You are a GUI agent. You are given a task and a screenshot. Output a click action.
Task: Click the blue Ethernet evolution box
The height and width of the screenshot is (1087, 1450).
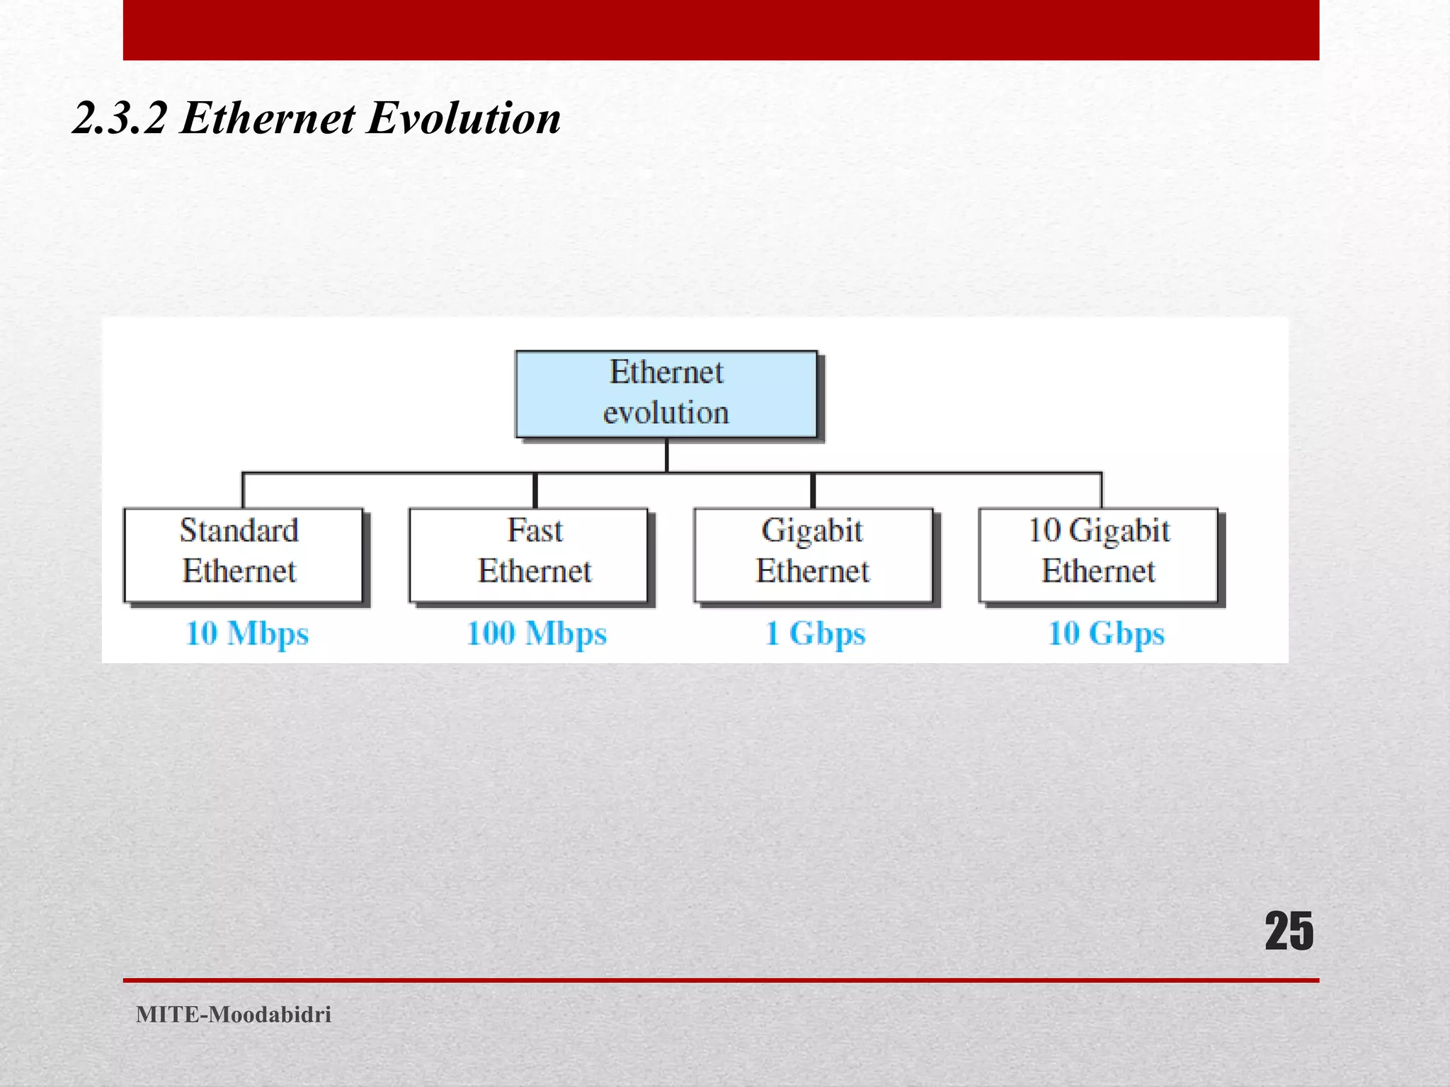click(x=666, y=393)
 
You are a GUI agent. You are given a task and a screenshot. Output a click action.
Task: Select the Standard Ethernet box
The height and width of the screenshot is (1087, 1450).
click(x=243, y=555)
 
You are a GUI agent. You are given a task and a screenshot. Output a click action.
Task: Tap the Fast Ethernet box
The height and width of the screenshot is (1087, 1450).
click(x=528, y=555)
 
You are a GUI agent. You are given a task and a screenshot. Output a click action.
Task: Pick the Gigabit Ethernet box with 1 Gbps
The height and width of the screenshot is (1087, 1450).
click(x=813, y=555)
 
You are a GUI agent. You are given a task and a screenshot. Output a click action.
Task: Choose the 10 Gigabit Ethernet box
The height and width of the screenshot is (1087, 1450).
click(x=1098, y=555)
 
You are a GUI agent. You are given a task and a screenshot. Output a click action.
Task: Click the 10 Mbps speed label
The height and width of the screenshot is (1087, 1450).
click(x=247, y=633)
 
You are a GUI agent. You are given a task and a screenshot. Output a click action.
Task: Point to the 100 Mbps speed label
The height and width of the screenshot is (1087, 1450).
click(x=537, y=633)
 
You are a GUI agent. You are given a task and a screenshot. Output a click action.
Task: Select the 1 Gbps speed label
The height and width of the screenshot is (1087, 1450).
click(x=815, y=633)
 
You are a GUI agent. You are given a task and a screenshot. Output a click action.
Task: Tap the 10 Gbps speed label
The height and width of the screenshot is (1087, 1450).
click(x=1106, y=633)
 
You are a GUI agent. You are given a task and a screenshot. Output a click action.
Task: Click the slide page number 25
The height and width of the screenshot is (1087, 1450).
click(x=1289, y=931)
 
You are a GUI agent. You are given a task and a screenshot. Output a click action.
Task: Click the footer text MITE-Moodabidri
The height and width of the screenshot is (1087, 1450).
click(x=234, y=1014)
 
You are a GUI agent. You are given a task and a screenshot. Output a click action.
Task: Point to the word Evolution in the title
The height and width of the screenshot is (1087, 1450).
click(x=464, y=117)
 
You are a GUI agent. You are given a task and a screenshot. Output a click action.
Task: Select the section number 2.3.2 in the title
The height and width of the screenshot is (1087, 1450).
click(x=120, y=117)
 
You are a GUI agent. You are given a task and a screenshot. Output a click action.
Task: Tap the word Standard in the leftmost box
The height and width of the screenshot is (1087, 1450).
click(x=239, y=531)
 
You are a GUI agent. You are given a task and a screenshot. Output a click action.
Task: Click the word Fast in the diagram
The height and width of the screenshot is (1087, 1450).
click(x=535, y=531)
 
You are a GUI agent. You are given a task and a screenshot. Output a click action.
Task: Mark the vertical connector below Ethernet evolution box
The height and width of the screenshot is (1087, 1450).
click(x=666, y=455)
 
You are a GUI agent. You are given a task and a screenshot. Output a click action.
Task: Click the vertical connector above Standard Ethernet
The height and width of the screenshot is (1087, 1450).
click(x=243, y=490)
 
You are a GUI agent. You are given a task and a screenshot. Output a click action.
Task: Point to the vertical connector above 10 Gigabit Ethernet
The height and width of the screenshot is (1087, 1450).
click(x=1101, y=490)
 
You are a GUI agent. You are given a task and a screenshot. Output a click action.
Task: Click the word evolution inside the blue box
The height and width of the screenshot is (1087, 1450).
click(x=666, y=413)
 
